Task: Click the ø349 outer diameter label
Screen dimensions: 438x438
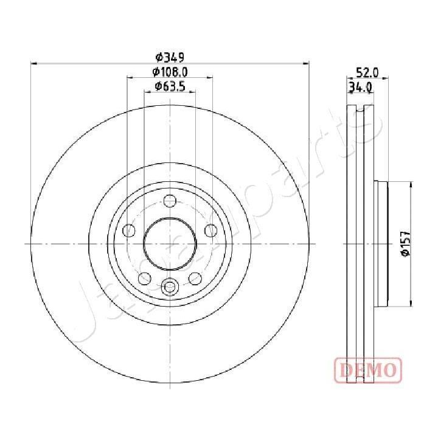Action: (x=169, y=57)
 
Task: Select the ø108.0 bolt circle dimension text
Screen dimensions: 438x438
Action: (x=170, y=72)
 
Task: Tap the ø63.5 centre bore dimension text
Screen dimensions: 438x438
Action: (x=170, y=86)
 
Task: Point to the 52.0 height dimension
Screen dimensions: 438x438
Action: (x=367, y=72)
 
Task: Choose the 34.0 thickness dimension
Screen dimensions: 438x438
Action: (x=360, y=87)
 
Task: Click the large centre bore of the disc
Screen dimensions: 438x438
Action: (x=170, y=243)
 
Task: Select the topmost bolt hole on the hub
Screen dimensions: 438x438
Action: (x=170, y=201)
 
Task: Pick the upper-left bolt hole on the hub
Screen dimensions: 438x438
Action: (x=129, y=231)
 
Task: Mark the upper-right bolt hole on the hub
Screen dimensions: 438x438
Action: (x=210, y=231)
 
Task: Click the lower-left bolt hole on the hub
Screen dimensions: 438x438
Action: (x=145, y=278)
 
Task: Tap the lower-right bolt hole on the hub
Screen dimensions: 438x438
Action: (x=195, y=278)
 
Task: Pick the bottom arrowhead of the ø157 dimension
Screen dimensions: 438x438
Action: (x=411, y=304)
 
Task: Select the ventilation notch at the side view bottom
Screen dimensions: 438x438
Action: (x=359, y=378)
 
